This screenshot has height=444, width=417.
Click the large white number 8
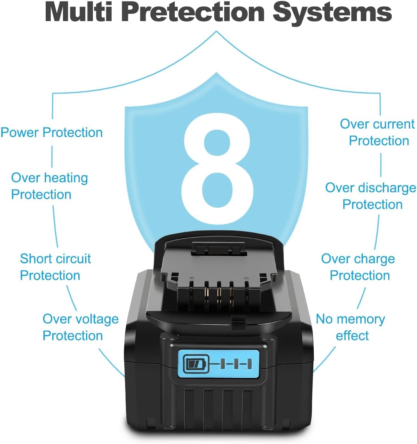217,169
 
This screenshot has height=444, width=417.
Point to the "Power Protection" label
51,132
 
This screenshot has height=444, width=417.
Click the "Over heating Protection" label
50,186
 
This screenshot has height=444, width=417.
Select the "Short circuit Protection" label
56,267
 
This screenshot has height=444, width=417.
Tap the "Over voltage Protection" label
81,327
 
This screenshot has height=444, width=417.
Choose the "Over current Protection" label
377,132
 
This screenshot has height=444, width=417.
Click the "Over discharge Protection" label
371,196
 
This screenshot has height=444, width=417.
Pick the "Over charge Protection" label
358,267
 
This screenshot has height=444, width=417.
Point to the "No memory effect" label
351,327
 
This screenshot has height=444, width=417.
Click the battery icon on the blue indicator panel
196,363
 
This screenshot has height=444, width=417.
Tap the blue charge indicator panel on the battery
218,364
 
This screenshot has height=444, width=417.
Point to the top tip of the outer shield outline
217,31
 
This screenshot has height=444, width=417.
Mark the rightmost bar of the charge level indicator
249,364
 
